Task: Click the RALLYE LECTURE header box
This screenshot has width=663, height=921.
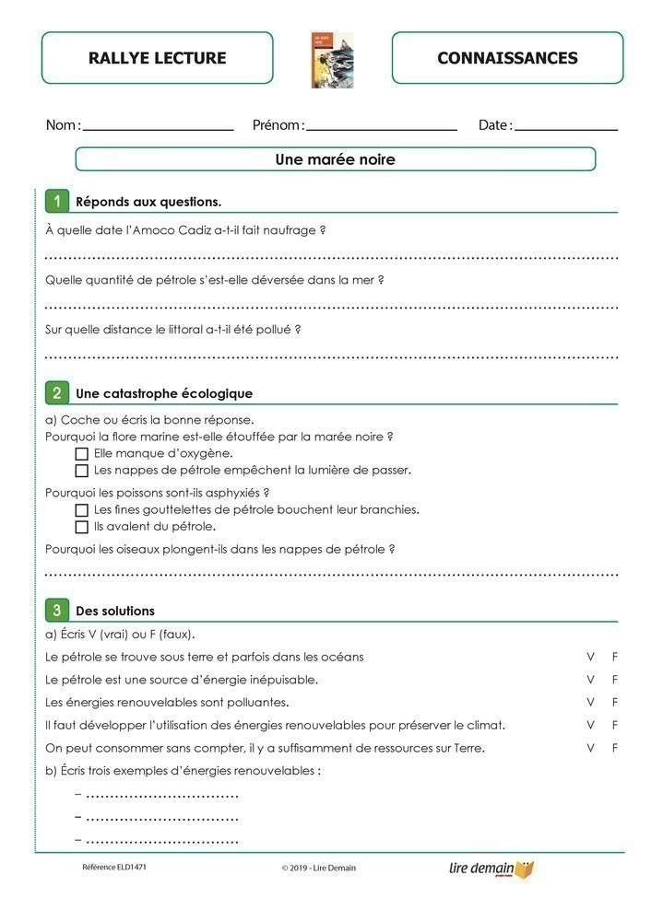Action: (x=157, y=58)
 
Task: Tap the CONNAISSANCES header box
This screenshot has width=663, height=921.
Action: (x=507, y=58)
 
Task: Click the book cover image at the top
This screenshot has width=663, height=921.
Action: (x=332, y=60)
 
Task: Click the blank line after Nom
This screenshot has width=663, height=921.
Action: (x=158, y=128)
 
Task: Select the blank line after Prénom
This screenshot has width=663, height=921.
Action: (x=381, y=128)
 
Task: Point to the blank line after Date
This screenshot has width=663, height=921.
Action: (x=566, y=128)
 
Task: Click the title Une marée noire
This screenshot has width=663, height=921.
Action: (x=335, y=159)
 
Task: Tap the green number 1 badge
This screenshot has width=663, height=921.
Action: (x=57, y=201)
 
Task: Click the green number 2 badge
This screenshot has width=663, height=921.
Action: (x=57, y=392)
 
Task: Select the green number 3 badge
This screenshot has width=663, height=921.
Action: (x=57, y=610)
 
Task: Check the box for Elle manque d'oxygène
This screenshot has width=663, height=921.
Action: (x=81, y=453)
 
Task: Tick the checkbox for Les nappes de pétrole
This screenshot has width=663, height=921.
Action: (x=81, y=471)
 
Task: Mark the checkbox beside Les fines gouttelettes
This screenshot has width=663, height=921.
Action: (x=81, y=509)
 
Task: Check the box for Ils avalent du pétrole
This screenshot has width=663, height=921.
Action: (x=81, y=527)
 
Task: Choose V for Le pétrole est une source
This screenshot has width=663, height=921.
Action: (x=590, y=680)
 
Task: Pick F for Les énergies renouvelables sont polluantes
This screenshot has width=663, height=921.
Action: (x=615, y=702)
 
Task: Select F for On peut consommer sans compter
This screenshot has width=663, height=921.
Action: (x=615, y=747)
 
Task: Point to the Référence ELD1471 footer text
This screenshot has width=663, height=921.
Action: (x=114, y=868)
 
